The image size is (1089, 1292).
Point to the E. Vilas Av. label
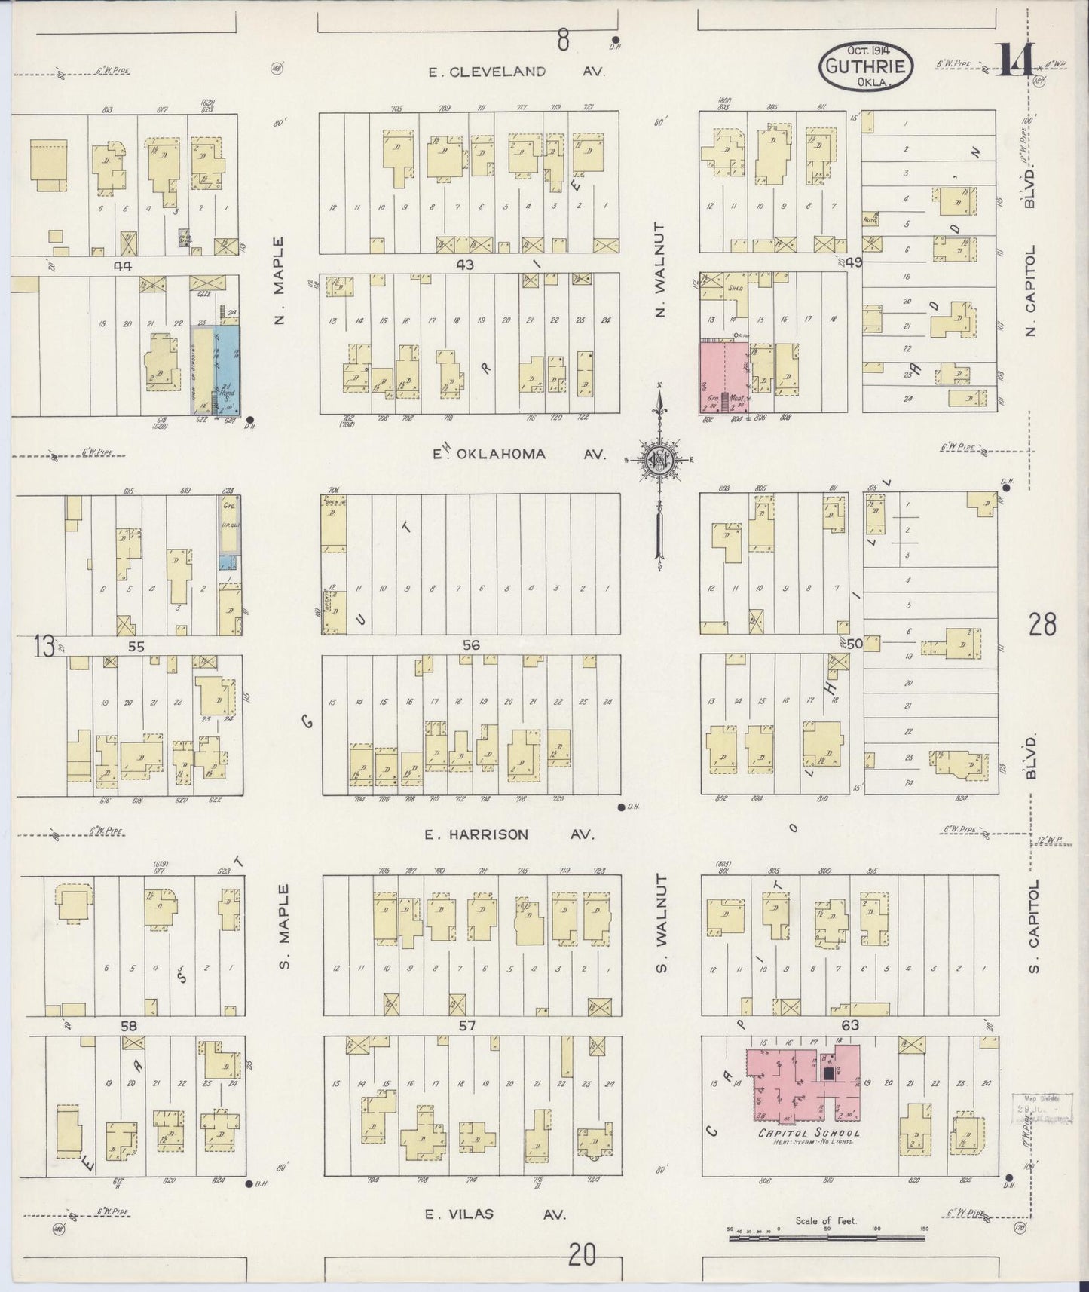(494, 1214)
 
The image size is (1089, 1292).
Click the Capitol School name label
(808, 1134)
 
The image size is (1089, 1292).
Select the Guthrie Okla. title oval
(866, 66)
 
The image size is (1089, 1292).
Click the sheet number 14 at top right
(1017, 60)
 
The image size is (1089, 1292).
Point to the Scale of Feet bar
(826, 1238)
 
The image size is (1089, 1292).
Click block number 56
(471, 645)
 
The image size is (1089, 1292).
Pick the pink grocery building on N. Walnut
(723, 376)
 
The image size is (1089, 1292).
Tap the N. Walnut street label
(660, 269)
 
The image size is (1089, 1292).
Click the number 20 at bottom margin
(582, 1256)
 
